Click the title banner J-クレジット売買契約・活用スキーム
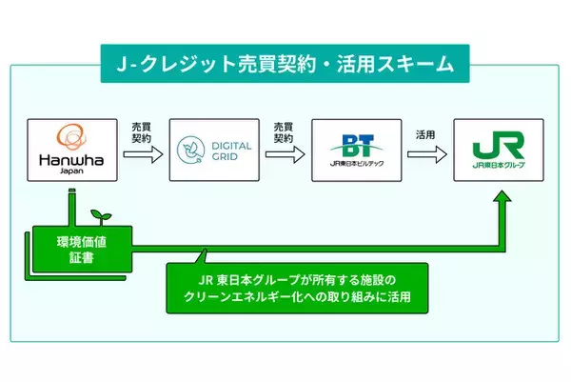(285, 68)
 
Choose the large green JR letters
(498, 146)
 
